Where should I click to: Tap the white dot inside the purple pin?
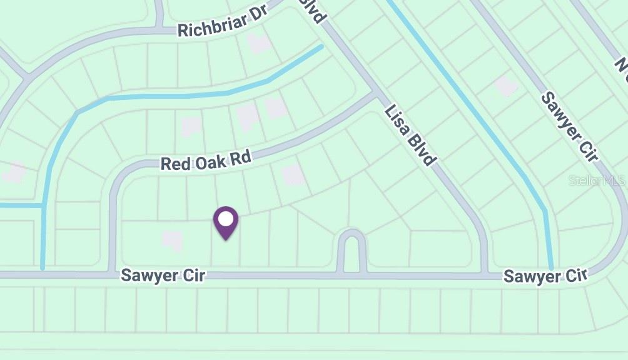[226, 219]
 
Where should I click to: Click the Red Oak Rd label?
[206, 160]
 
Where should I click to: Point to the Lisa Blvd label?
[410, 135]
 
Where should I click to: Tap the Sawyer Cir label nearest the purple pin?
[163, 275]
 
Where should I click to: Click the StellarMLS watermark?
[597, 181]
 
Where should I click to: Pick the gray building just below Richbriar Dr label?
[258, 43]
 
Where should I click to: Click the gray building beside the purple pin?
[171, 239]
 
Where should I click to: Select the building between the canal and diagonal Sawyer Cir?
[505, 86]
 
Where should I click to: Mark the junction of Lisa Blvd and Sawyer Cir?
[484, 274]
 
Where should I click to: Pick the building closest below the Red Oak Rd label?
[293, 176]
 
